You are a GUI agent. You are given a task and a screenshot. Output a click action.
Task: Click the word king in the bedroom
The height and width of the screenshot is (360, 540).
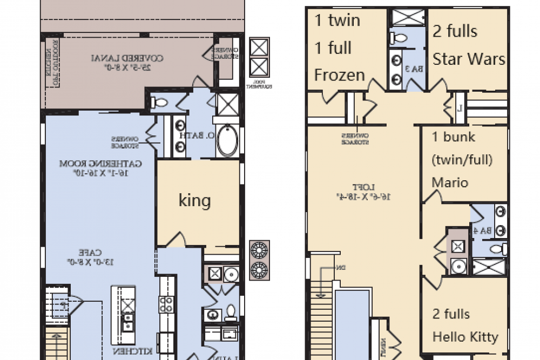(194, 201)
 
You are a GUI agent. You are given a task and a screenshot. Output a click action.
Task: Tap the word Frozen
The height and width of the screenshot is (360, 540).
(340, 75)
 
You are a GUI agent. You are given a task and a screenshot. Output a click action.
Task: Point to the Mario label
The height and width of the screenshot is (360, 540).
(450, 182)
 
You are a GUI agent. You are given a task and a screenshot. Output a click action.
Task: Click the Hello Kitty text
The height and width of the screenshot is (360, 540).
(465, 337)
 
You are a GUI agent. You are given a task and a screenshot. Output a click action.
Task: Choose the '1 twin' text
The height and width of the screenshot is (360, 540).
(337, 21)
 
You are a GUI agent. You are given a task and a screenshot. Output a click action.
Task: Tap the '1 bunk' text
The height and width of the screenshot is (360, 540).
(454, 137)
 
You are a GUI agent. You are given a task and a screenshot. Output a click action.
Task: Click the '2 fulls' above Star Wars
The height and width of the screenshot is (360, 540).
(455, 31)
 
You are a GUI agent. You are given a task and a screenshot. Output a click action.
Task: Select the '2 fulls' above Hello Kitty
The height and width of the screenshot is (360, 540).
(451, 314)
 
